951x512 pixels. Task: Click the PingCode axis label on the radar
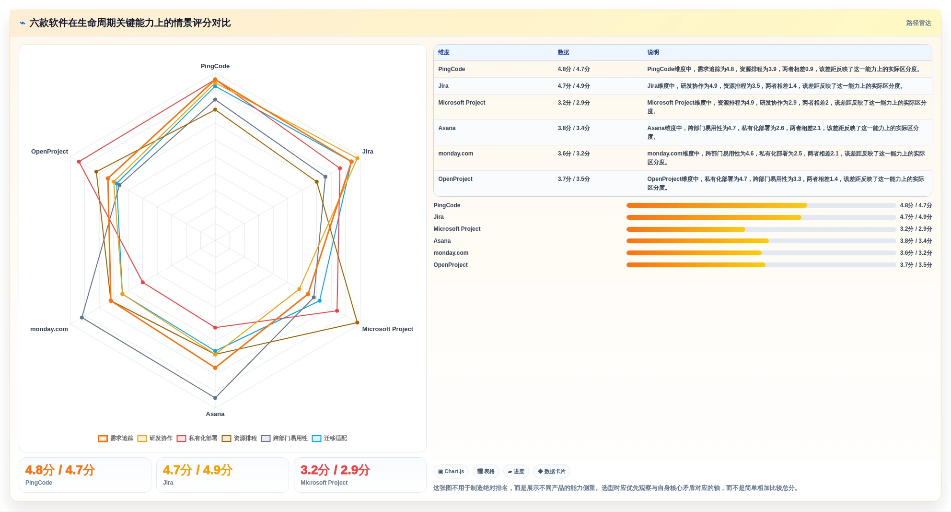point(215,66)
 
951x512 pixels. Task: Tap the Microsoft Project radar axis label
point(387,329)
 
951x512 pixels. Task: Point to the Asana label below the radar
point(215,414)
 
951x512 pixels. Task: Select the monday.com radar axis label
point(49,329)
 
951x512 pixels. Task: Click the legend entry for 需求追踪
point(116,438)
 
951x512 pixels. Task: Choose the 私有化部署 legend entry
point(197,438)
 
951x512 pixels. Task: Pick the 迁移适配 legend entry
point(329,438)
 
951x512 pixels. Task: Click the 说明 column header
point(653,53)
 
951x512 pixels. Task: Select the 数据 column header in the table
point(563,53)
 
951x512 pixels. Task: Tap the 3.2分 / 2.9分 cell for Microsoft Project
point(573,103)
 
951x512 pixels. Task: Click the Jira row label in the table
point(443,86)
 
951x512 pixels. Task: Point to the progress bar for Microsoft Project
point(761,229)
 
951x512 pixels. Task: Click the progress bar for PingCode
point(761,205)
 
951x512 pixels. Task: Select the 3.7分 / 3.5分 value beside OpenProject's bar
point(916,265)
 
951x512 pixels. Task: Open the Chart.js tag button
point(451,472)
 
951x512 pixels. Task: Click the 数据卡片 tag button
point(552,472)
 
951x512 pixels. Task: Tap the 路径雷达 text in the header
point(918,23)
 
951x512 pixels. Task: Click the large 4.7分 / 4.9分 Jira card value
point(197,470)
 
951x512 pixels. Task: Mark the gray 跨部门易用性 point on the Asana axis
point(215,398)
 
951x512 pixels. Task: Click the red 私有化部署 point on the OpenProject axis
point(79,161)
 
